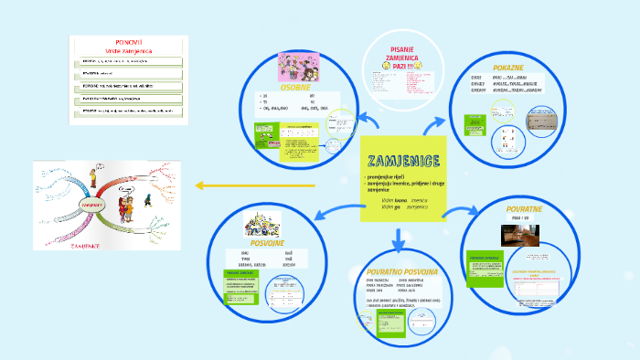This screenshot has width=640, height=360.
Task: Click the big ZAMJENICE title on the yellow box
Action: (x=402, y=161)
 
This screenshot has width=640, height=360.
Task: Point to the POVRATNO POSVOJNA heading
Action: (x=402, y=272)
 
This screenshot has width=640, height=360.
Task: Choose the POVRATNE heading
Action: (x=525, y=209)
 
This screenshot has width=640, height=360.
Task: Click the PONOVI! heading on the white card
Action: (x=128, y=41)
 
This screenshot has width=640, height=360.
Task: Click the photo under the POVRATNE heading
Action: (x=522, y=234)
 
